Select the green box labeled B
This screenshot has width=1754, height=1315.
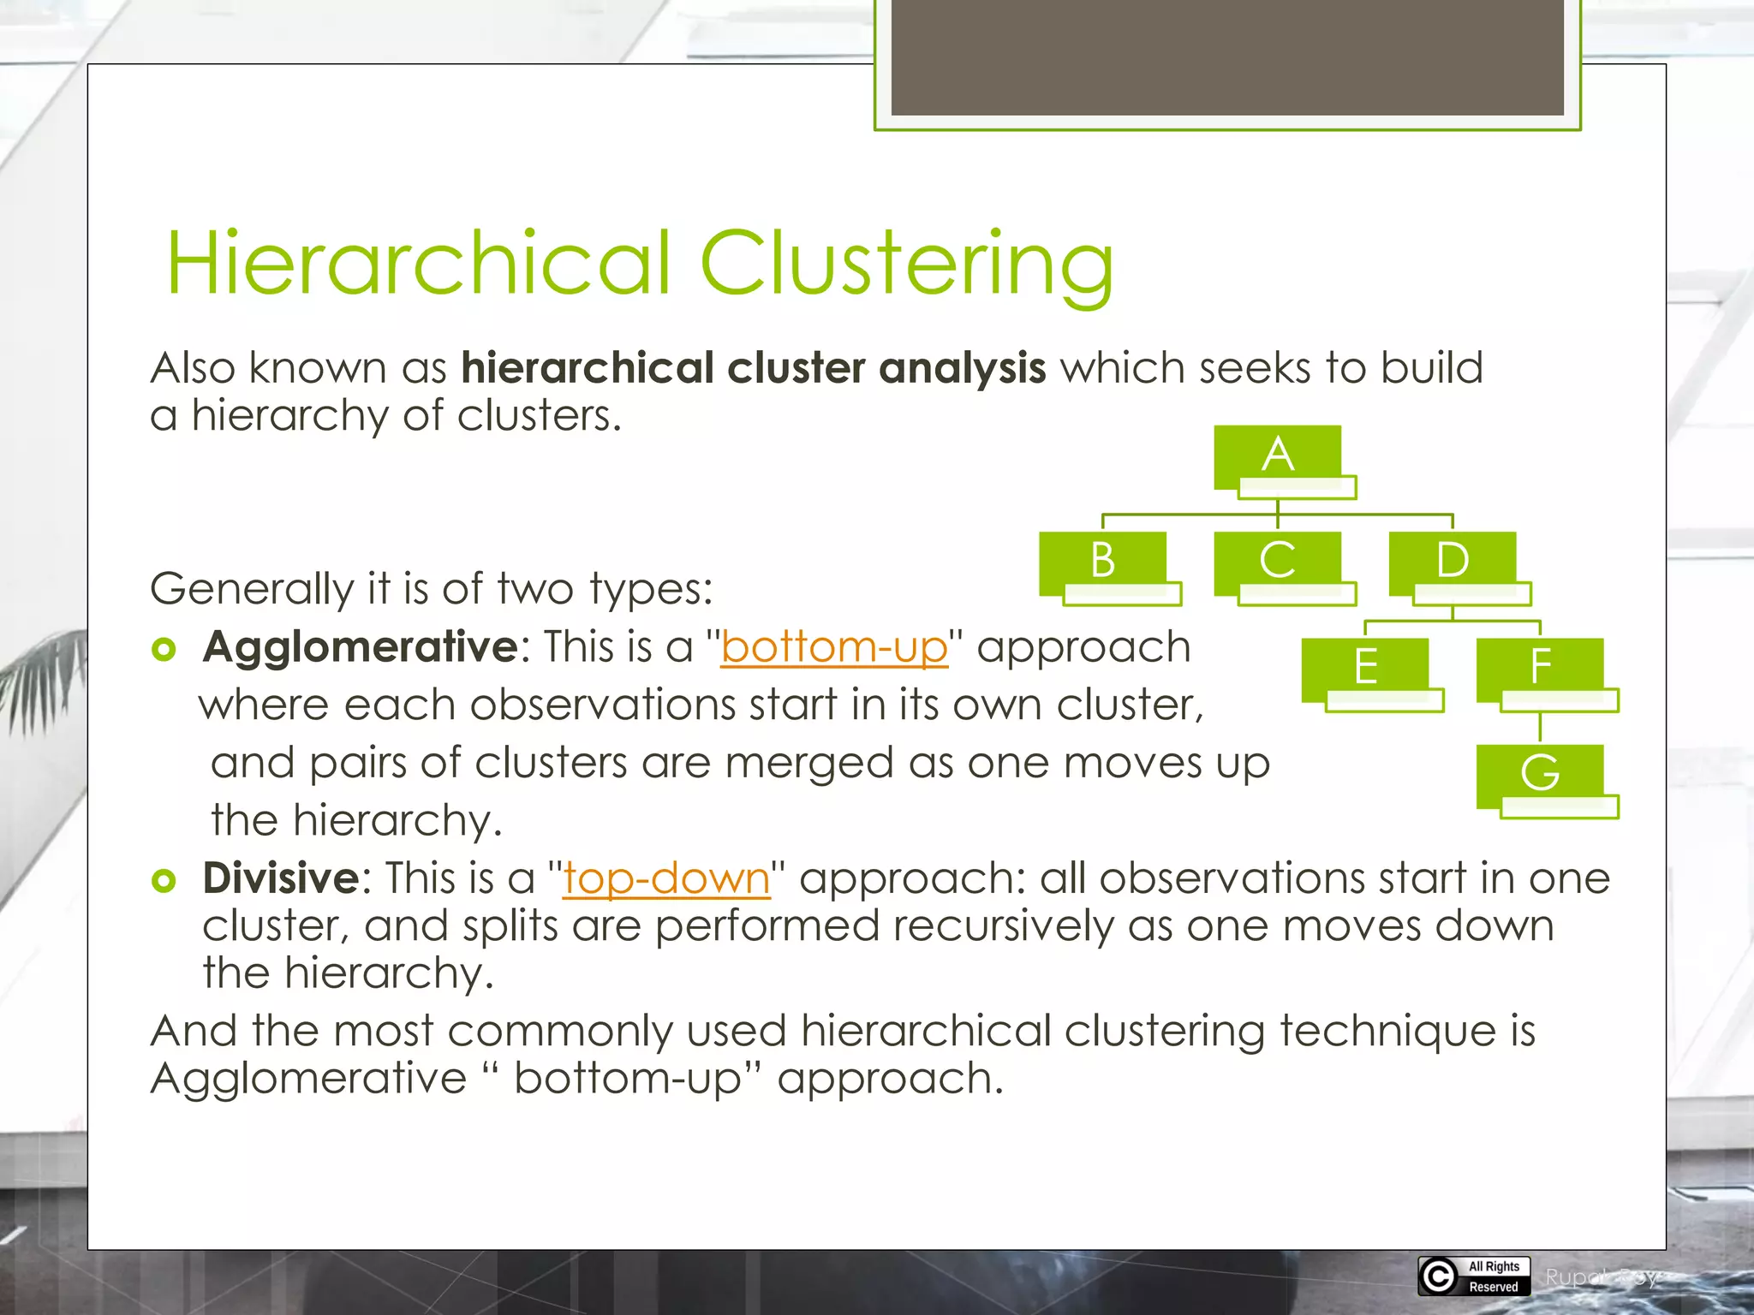pos(1102,562)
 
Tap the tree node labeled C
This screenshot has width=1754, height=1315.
pos(1277,562)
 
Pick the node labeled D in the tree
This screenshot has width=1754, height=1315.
pos(1452,562)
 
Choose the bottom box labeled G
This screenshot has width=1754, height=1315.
pos(1540,774)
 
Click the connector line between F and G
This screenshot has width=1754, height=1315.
pos(1540,728)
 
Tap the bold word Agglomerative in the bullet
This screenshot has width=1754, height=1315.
pos(360,647)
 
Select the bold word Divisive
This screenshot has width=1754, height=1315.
pos(281,878)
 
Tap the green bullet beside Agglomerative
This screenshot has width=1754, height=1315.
pos(164,649)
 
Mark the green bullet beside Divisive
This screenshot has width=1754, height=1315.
pos(164,880)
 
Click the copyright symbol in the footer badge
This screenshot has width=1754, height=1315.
pos(1439,1276)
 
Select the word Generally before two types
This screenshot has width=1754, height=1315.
pos(251,590)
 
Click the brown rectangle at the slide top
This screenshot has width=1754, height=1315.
pos(1226,57)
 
